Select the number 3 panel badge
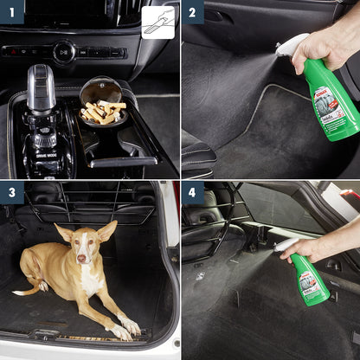point(10,191)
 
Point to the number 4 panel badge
point(193,191)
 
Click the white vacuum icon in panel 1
point(157,22)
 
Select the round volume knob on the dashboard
point(64,52)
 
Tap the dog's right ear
point(63,232)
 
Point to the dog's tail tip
point(16,293)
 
